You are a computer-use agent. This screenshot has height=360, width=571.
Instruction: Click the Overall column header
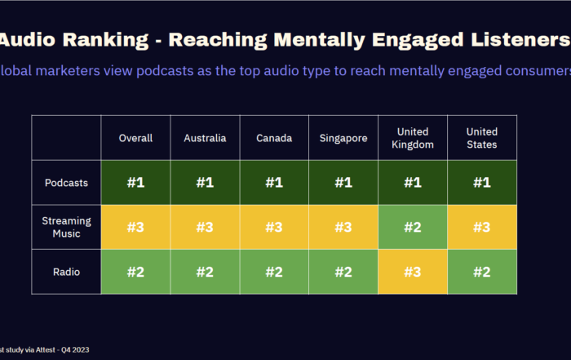click(135, 138)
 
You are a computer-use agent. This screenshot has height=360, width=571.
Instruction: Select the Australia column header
click(205, 138)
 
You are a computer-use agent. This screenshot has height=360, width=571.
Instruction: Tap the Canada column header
click(274, 138)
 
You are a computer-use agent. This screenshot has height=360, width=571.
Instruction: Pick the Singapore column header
click(343, 138)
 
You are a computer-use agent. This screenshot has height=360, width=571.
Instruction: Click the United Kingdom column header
click(413, 138)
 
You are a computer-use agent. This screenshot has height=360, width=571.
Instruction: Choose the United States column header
click(482, 138)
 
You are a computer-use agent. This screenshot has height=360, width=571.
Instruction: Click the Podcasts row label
click(67, 182)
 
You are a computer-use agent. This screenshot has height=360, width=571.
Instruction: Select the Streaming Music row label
click(67, 227)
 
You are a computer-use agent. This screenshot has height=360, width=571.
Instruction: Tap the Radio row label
click(67, 271)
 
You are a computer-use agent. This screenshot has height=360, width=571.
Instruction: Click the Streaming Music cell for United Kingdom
click(413, 227)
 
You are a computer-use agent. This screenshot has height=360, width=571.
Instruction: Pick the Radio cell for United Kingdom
click(413, 271)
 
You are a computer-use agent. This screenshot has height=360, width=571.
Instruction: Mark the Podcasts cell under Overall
click(135, 182)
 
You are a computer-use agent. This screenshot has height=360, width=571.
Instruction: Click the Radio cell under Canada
click(274, 271)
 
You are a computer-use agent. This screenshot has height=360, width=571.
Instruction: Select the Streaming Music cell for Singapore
click(343, 227)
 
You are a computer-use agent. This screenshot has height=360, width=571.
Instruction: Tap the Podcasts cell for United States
click(482, 182)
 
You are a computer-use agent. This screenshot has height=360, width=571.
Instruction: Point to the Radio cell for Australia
click(205, 271)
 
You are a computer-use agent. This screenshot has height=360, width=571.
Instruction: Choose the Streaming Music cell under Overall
click(135, 227)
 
